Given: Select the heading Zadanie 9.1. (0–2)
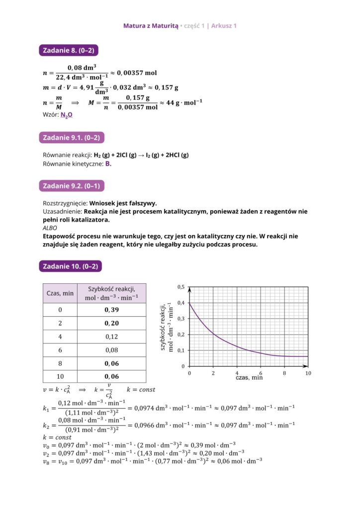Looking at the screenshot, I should click(x=72, y=138).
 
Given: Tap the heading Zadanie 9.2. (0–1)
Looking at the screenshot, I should click(x=72, y=186).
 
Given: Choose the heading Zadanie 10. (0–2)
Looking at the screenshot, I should click(x=70, y=266).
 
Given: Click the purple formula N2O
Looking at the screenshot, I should click(x=66, y=115).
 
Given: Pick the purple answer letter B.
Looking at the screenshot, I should click(x=108, y=164).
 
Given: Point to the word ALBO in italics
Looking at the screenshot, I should click(x=50, y=228).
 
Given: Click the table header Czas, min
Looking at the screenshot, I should click(x=60, y=293).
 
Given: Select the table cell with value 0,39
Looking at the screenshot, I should click(x=111, y=310).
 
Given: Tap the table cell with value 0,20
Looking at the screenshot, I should click(x=111, y=323).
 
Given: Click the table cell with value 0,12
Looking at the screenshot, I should click(x=111, y=337).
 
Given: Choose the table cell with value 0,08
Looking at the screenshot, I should click(x=111, y=350).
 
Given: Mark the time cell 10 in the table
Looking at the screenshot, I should click(x=60, y=376).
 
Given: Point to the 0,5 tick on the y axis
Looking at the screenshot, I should click(x=181, y=287).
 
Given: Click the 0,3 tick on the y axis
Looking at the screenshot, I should click(x=181, y=319).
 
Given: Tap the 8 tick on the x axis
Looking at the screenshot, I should click(x=284, y=372).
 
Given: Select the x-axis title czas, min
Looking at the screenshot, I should click(x=249, y=378).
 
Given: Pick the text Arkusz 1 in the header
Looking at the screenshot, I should click(x=224, y=25).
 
